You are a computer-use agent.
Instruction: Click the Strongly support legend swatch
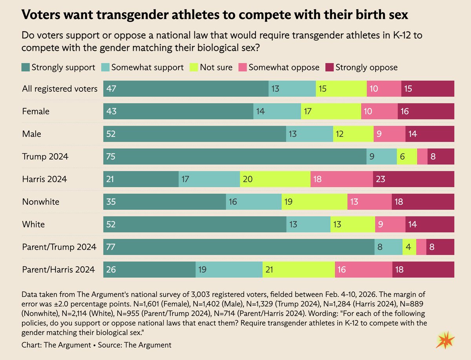(x=26, y=67)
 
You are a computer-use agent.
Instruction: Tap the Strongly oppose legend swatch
(x=329, y=67)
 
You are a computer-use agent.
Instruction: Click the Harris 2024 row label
(x=44, y=179)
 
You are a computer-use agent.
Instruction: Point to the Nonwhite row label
(x=41, y=202)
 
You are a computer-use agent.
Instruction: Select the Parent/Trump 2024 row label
(x=59, y=247)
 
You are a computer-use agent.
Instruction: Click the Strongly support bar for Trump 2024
(x=235, y=156)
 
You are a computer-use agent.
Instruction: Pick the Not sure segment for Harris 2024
(x=275, y=179)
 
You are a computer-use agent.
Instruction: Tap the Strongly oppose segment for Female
(x=426, y=111)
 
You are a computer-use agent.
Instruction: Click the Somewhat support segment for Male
(x=309, y=134)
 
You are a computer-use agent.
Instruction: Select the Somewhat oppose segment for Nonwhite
(x=369, y=202)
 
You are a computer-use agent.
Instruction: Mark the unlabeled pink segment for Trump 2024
(x=422, y=156)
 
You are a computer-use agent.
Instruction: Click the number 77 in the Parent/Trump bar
(x=111, y=247)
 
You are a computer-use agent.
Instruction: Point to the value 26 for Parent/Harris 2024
(x=111, y=270)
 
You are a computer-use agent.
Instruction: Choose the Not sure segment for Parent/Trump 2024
(x=409, y=247)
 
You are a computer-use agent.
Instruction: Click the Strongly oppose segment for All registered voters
(x=427, y=89)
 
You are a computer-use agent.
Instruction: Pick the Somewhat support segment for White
(x=308, y=224)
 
